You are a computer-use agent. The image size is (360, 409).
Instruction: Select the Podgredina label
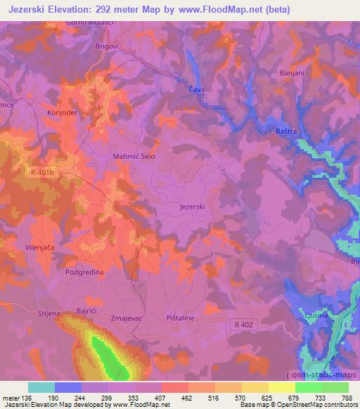point(86,271)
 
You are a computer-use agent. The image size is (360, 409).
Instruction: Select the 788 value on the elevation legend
point(347,398)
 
